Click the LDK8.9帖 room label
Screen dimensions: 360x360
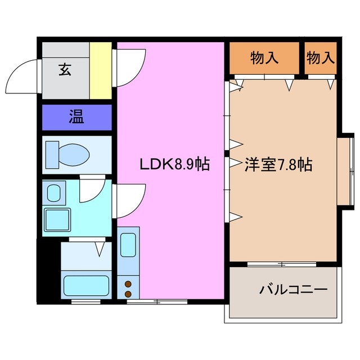pyautogui.click(x=175, y=164)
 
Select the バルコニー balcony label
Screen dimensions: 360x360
pyautogui.click(x=293, y=291)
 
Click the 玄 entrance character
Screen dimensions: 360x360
pyautogui.click(x=64, y=70)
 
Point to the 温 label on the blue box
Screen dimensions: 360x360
pyautogui.click(x=76, y=118)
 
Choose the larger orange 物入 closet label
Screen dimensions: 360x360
pyautogui.click(x=264, y=57)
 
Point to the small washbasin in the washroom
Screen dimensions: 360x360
pyautogui.click(x=53, y=193)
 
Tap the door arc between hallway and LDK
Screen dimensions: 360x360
pyautogui.click(x=131, y=67)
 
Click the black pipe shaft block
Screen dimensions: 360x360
pyautogui.click(x=48, y=269)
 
